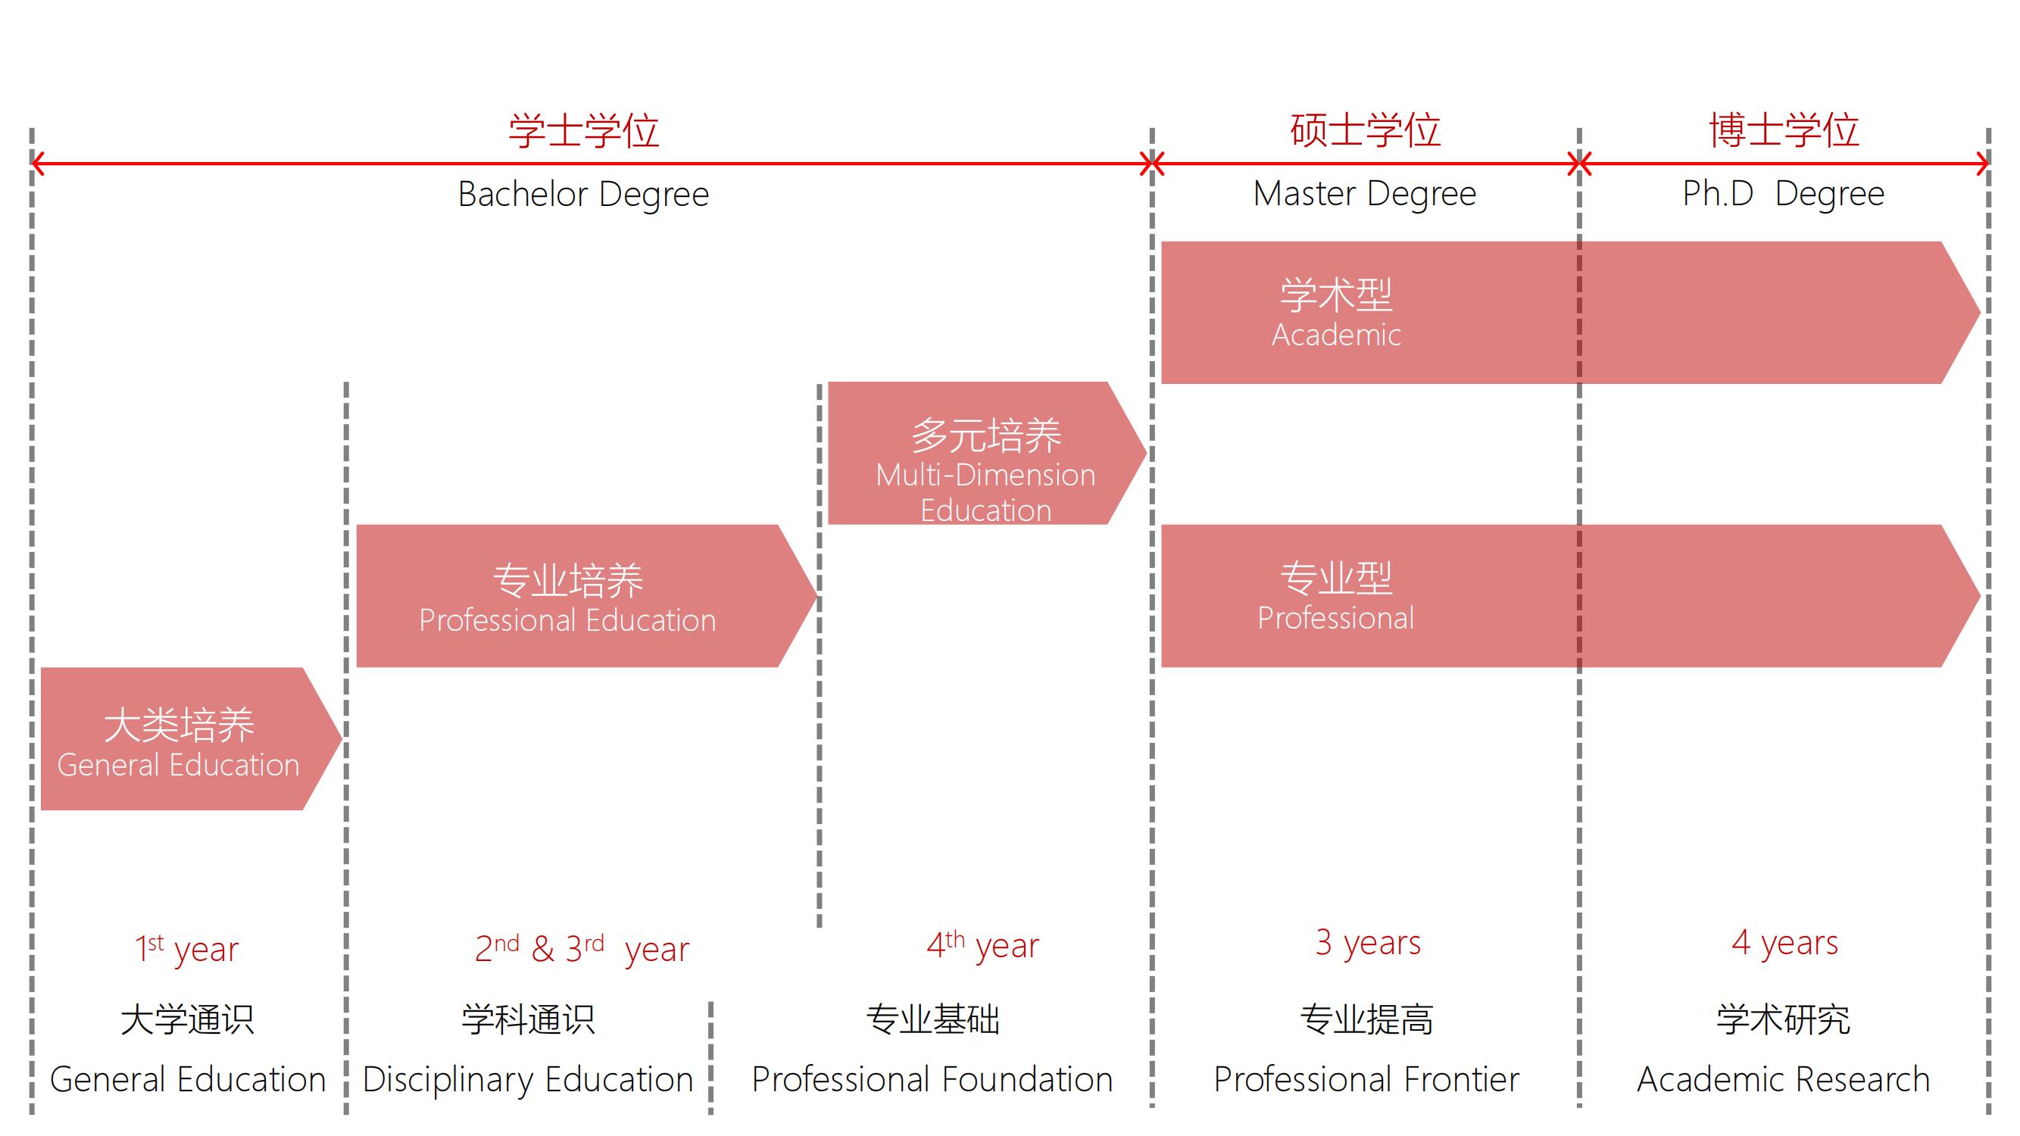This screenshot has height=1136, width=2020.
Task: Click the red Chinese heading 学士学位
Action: coord(583,130)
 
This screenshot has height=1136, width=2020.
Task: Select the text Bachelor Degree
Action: coord(583,195)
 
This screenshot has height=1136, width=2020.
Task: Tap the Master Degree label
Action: coord(1364,194)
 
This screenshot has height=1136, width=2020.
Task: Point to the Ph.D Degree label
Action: coord(1783,194)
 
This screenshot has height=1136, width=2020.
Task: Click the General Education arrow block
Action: coord(179,738)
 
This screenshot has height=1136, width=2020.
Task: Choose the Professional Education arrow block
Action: coord(568,596)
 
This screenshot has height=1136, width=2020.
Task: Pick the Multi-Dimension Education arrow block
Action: coord(985,454)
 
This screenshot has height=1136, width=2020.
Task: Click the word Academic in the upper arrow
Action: coord(1336,335)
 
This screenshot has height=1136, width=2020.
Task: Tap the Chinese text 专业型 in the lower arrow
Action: coord(1336,578)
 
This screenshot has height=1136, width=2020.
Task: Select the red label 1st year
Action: coord(186,949)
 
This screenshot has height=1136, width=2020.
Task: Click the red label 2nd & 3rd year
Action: coord(582,949)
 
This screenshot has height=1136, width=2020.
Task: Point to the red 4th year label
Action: coord(982,945)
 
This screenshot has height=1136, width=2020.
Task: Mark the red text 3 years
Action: coord(1368,942)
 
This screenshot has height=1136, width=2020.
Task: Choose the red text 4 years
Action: coord(1784,942)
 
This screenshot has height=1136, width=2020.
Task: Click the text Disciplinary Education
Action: coord(528,1079)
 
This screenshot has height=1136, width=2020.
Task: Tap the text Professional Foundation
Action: coord(932,1079)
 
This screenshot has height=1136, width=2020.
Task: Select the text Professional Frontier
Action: coord(1366,1079)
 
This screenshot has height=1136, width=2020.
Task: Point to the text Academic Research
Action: coord(1783,1079)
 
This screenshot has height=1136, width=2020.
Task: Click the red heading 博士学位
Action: coord(1783,130)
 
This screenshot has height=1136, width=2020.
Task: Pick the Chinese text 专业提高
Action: coord(1366,1019)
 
